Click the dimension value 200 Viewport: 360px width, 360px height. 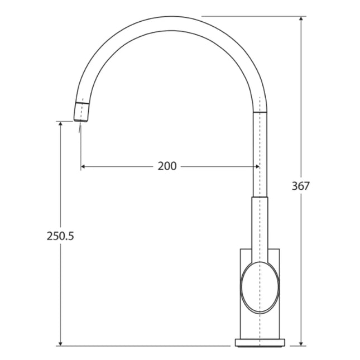tap(167, 166)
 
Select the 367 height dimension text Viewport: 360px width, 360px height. tap(300, 186)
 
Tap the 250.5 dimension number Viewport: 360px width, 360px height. tap(60, 236)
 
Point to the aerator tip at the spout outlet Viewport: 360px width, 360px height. tap(81, 112)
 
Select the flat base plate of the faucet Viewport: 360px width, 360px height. tap(260, 342)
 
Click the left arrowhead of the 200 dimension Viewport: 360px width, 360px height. tap(84, 166)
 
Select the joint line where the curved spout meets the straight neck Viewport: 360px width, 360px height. tap(260, 112)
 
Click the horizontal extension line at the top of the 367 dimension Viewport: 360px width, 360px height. tap(251, 16)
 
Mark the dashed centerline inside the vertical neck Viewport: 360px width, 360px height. tap(260, 156)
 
